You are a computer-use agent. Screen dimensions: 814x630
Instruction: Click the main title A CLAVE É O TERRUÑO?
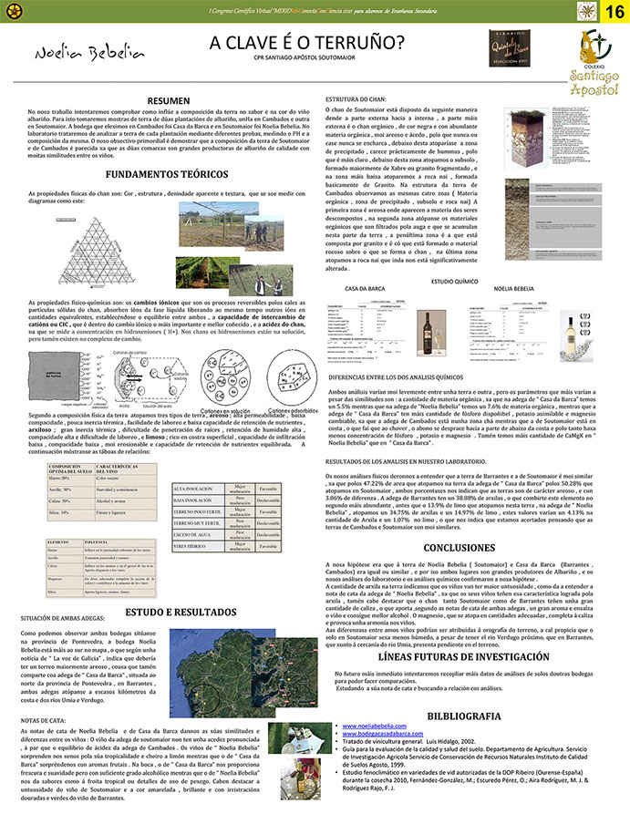coord(307,43)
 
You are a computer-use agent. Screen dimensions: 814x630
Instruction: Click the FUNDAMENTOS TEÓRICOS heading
coord(166,174)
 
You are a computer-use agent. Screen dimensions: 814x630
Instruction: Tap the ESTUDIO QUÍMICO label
coord(454,256)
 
